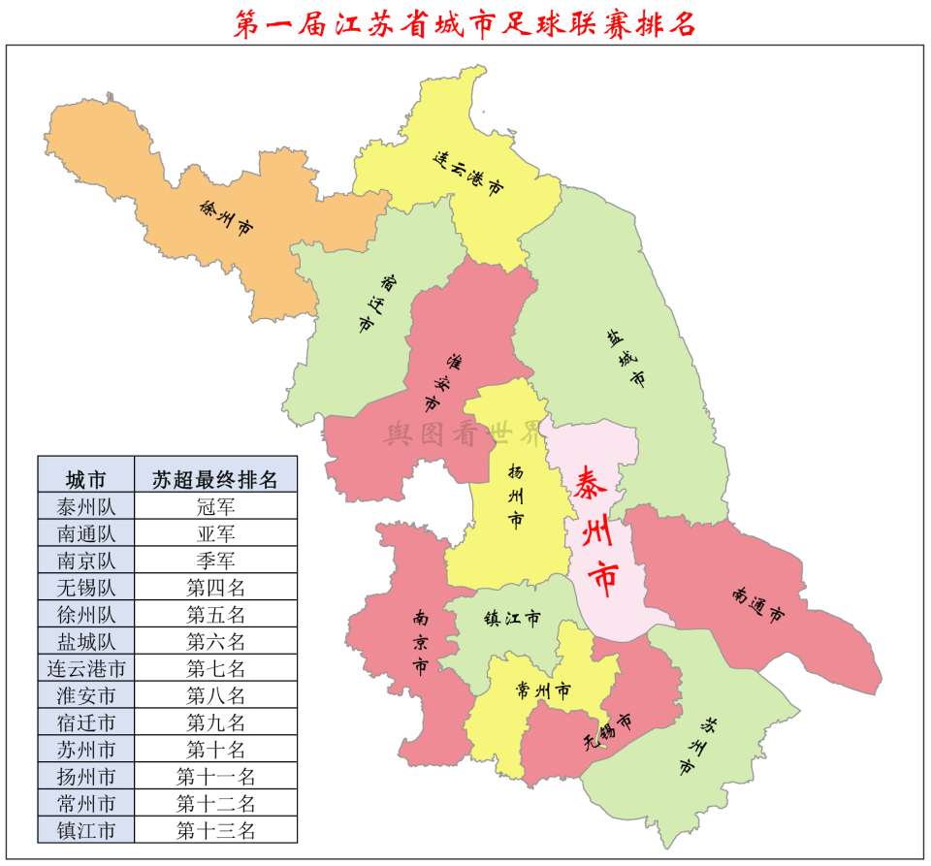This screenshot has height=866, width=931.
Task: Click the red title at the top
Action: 465,23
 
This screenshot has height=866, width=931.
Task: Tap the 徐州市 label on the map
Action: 226,220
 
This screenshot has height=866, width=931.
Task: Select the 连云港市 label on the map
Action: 468,175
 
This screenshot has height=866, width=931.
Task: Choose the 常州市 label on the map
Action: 543,691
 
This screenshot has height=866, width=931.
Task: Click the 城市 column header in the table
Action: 85,479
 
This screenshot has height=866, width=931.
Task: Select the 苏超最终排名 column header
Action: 215,479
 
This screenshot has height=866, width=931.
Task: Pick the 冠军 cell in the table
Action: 215,506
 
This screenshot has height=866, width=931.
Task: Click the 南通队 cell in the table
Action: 85,533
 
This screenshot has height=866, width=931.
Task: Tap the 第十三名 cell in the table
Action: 215,830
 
